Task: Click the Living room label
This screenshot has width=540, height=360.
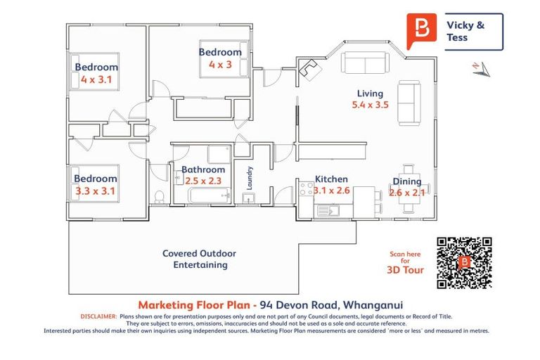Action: pyautogui.click(x=370, y=94)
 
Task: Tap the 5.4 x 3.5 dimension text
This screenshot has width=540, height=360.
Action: pyautogui.click(x=370, y=105)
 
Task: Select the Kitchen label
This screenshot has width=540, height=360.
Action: pyautogui.click(x=331, y=179)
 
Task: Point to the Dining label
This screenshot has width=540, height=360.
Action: pyautogui.click(x=407, y=181)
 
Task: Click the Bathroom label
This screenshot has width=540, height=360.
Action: pyautogui.click(x=203, y=169)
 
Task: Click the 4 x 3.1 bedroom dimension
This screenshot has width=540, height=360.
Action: pyautogui.click(x=96, y=79)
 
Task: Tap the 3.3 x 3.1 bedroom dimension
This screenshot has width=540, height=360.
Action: pyautogui.click(x=95, y=190)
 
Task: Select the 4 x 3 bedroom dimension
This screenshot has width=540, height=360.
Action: pyautogui.click(x=220, y=64)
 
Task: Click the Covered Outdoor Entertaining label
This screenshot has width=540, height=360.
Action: pyautogui.click(x=199, y=259)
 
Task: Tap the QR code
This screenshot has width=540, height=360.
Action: pyautogui.click(x=463, y=263)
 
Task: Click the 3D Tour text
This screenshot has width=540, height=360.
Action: pyautogui.click(x=405, y=269)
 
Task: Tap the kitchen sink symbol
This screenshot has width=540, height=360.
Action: pyautogui.click(x=327, y=209)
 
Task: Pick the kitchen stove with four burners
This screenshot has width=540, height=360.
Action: pyautogui.click(x=307, y=188)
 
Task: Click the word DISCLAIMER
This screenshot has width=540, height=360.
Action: pyautogui.click(x=98, y=316)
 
